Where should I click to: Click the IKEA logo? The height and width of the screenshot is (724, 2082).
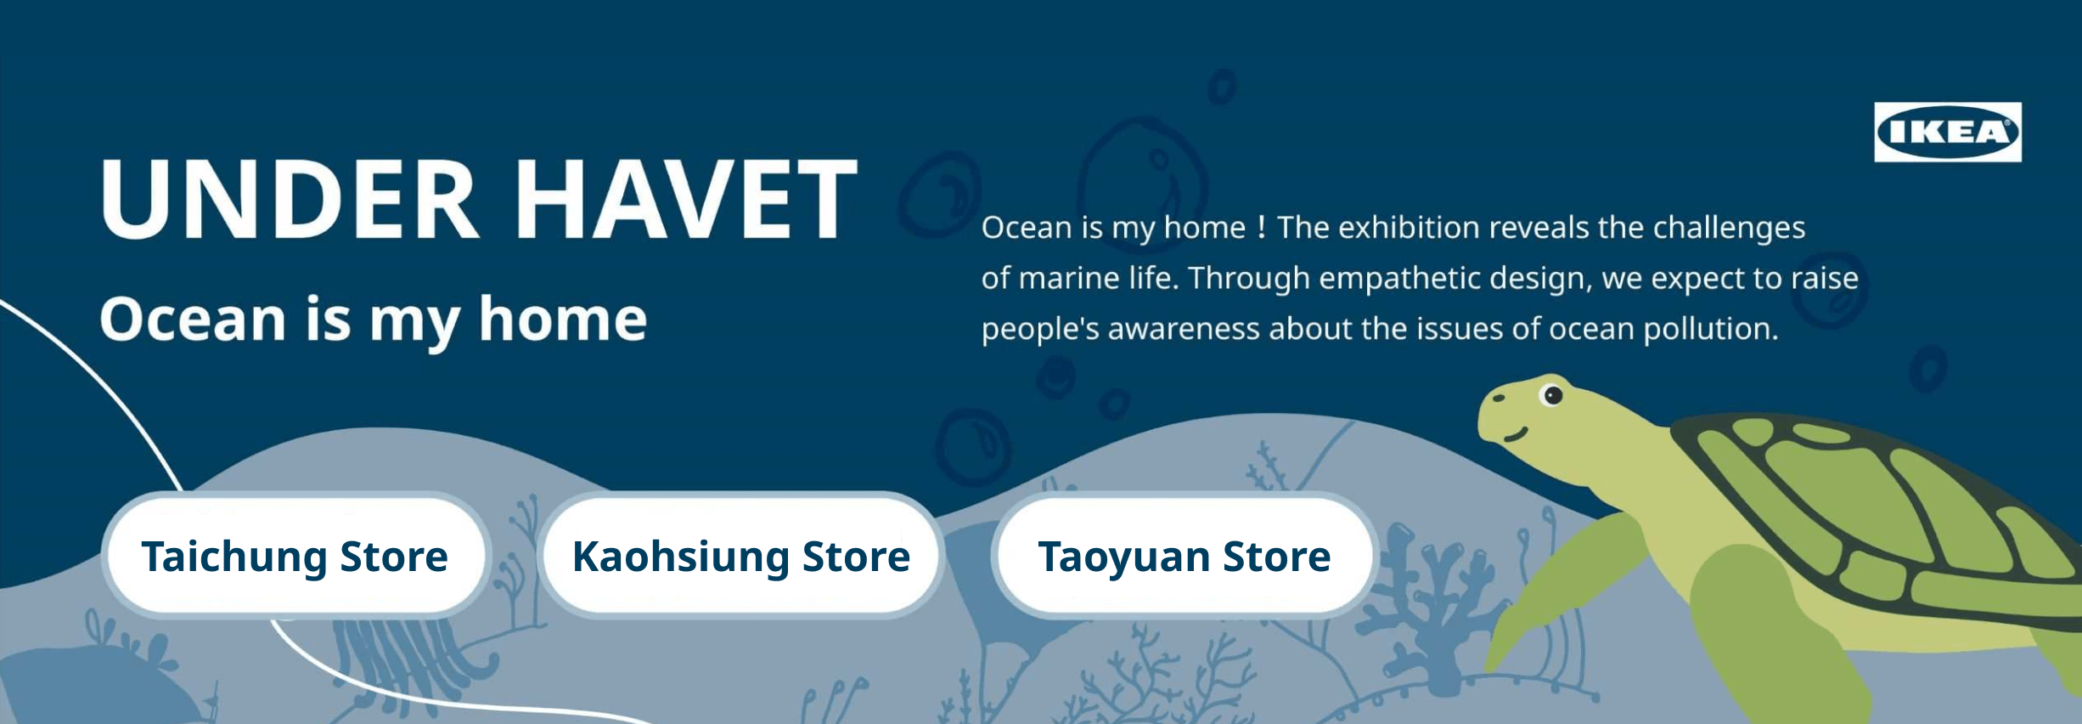tap(1948, 132)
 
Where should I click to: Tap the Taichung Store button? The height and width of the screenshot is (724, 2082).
tap(295, 556)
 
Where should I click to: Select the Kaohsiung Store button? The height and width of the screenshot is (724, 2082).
tap(741, 556)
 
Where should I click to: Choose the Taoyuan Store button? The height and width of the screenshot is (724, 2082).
tap(1184, 556)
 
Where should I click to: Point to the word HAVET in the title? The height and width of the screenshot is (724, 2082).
tap(686, 200)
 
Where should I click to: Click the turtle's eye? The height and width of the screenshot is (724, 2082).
tap(1552, 395)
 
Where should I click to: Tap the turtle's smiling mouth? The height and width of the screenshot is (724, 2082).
tap(1516, 435)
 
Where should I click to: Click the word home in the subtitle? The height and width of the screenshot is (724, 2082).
tap(563, 320)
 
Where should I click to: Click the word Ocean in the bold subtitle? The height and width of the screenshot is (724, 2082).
tap(192, 320)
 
